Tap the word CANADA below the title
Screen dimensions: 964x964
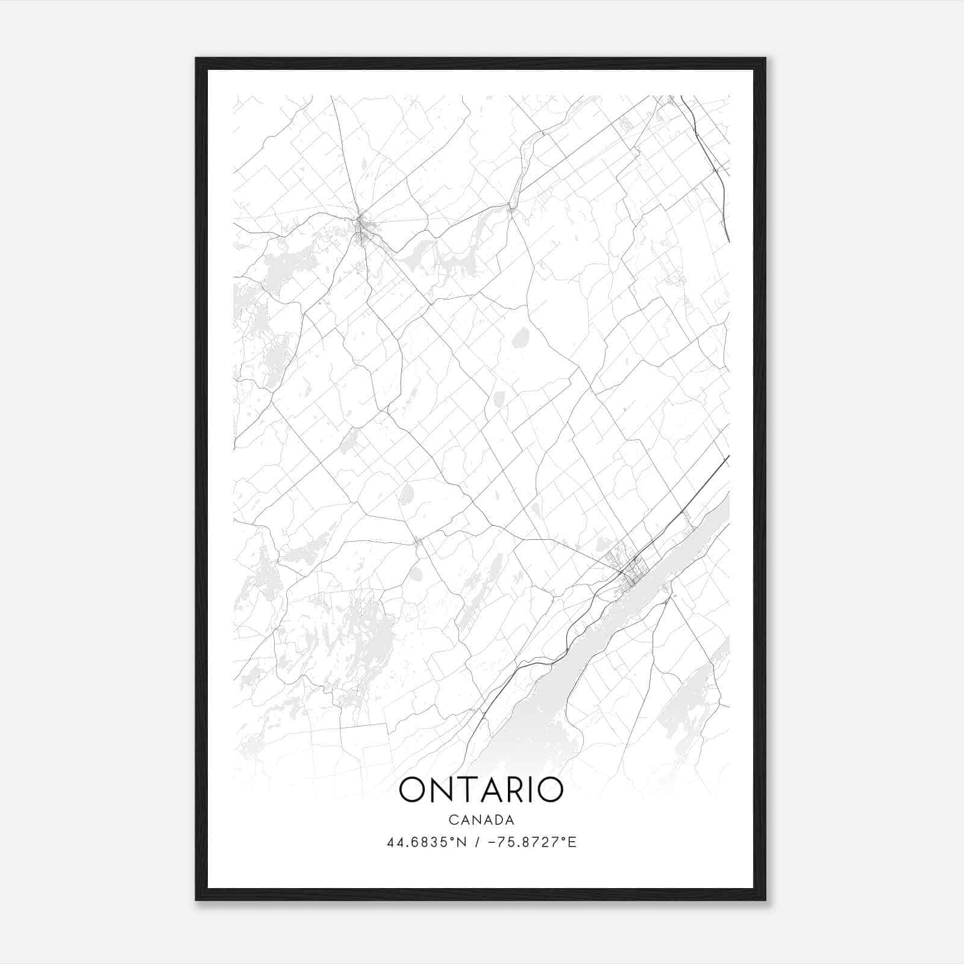[x=481, y=820]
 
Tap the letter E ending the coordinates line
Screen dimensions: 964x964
[x=573, y=842]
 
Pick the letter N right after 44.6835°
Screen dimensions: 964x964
[x=463, y=842]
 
